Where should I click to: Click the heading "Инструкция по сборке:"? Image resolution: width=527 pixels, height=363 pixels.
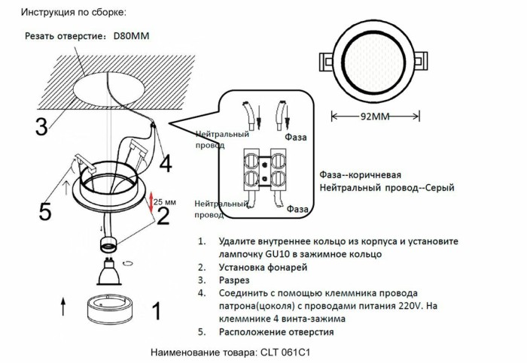point(73,13)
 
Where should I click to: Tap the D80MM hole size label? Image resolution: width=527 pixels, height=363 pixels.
point(131,35)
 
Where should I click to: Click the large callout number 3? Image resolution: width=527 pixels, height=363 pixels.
point(42,126)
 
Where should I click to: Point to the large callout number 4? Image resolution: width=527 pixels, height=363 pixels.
point(165,162)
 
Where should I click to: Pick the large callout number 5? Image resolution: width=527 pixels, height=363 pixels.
point(45,212)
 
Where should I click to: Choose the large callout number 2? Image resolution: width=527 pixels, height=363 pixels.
point(163,216)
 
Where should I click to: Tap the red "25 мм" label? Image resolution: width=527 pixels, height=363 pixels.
point(165,202)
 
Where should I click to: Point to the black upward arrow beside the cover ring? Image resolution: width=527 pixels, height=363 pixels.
point(62,306)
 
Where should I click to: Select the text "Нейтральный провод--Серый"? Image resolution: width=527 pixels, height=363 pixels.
point(386,187)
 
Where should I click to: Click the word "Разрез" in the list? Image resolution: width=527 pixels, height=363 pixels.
point(235,280)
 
